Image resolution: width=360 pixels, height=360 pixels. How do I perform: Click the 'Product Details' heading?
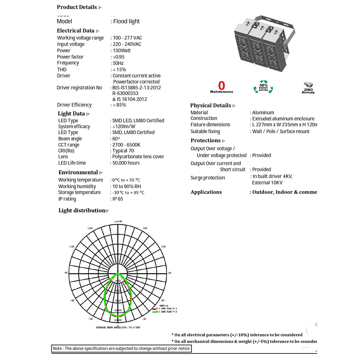79,7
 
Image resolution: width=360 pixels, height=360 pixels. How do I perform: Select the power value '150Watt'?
122,50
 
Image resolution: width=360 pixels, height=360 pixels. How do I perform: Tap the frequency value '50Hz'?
118,63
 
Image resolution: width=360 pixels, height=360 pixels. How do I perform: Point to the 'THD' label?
62,69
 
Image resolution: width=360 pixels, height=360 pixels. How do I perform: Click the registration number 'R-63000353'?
125,93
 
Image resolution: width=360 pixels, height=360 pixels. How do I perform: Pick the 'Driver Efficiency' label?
74,105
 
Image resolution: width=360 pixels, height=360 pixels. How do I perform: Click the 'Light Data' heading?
74,114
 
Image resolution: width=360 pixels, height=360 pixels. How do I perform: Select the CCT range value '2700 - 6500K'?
126,145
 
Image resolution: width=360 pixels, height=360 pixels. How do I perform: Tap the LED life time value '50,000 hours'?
126,163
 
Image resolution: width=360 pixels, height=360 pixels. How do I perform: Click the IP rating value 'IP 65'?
118,199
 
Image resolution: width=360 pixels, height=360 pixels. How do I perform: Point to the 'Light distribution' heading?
83,210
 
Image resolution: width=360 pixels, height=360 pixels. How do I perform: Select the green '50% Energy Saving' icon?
263,87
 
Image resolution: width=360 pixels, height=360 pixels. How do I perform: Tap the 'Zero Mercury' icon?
308,88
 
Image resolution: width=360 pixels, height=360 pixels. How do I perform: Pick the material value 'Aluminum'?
263,113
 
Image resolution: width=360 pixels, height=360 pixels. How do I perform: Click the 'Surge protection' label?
208,178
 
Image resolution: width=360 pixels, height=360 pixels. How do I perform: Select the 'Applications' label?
206,192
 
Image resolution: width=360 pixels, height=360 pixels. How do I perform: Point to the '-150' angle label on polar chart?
90,228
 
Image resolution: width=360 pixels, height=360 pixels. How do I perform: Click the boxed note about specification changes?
121,349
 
